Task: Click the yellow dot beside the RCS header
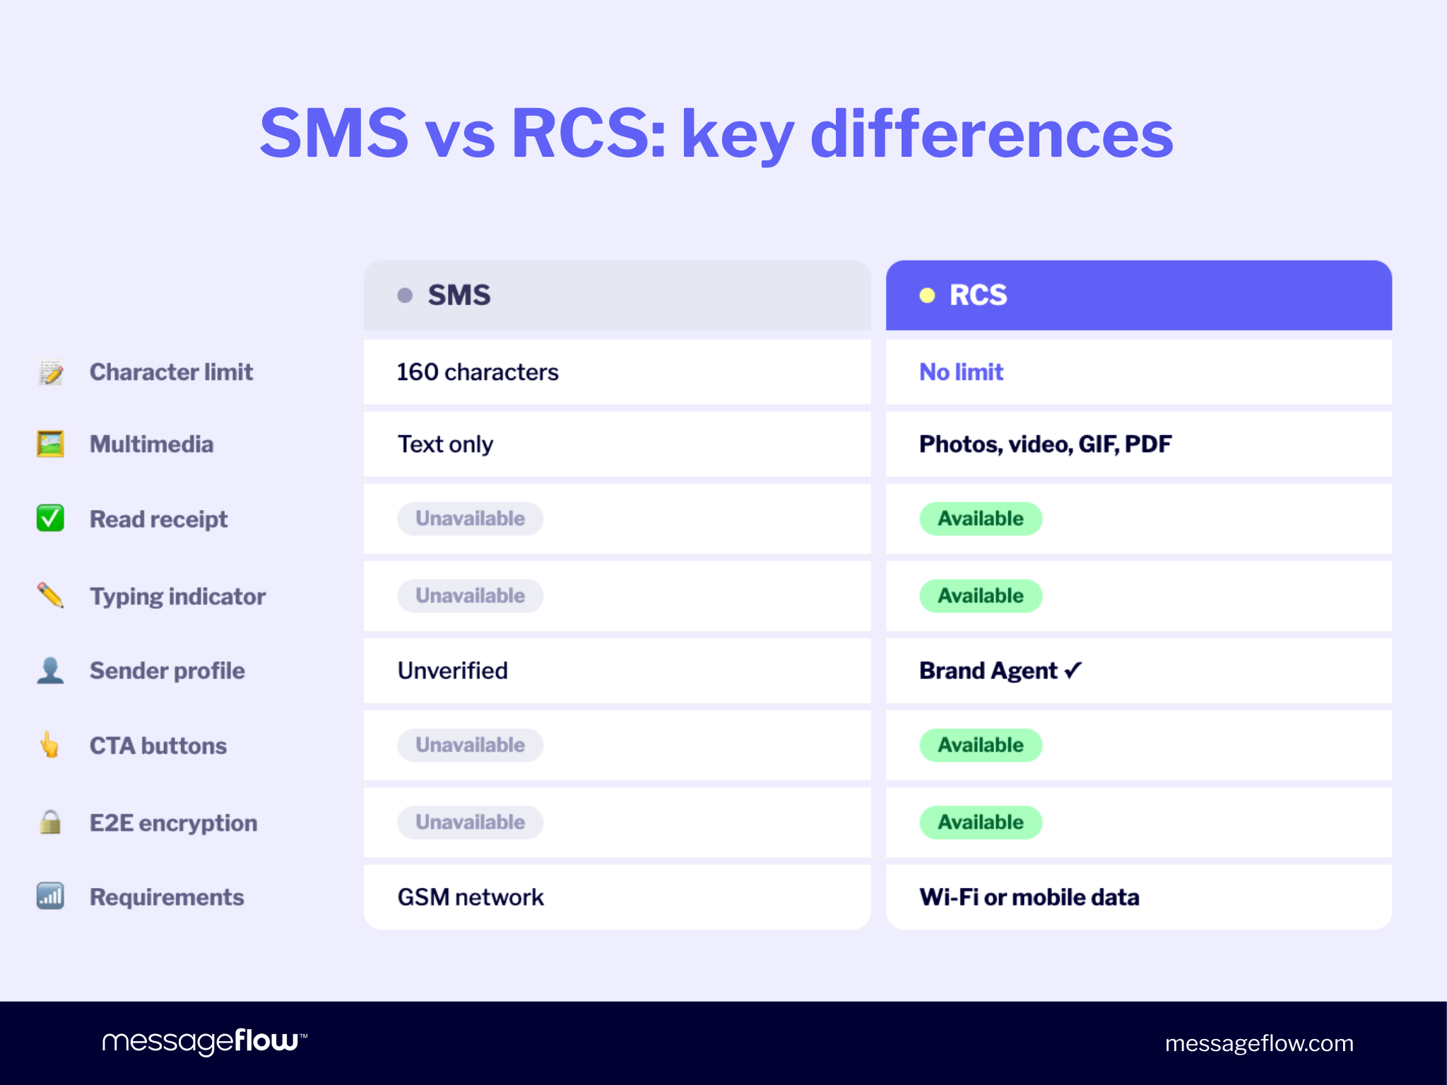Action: pyautogui.click(x=927, y=296)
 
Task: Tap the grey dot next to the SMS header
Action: pyautogui.click(x=405, y=295)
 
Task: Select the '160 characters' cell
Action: pyautogui.click(x=478, y=372)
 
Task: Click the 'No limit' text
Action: pyautogui.click(x=961, y=372)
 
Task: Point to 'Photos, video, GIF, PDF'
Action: pyautogui.click(x=1045, y=444)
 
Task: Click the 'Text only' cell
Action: pyautogui.click(x=445, y=444)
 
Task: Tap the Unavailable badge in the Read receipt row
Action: pyautogui.click(x=470, y=518)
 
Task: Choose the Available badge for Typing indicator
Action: pyautogui.click(x=981, y=596)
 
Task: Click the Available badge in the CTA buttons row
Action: pyautogui.click(x=981, y=745)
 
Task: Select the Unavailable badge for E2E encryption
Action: pyautogui.click(x=470, y=822)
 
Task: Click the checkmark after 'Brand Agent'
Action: pyautogui.click(x=1073, y=670)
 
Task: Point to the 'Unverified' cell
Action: pyautogui.click(x=452, y=670)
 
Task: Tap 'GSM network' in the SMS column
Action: pyautogui.click(x=471, y=897)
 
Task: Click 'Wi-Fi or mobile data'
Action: pyautogui.click(x=1029, y=897)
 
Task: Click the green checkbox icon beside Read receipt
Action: pyautogui.click(x=50, y=518)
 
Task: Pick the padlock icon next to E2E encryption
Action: pyautogui.click(x=50, y=822)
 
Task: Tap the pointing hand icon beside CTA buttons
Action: pyautogui.click(x=49, y=745)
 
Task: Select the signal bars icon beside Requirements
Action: pyautogui.click(x=50, y=896)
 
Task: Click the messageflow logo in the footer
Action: pyautogui.click(x=204, y=1042)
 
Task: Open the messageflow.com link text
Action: pyautogui.click(x=1259, y=1043)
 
